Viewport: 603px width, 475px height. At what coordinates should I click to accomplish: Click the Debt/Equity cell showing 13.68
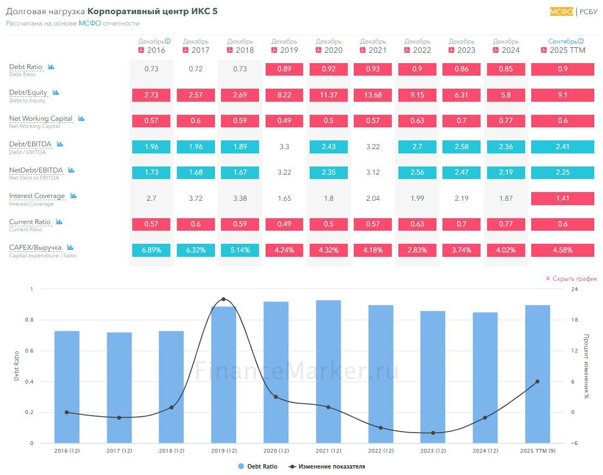coord(373,95)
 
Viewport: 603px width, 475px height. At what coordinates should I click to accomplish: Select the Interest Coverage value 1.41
coord(562,198)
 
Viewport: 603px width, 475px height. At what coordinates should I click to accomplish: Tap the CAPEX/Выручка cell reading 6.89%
coord(151,250)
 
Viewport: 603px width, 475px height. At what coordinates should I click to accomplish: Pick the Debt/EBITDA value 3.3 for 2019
coord(284,147)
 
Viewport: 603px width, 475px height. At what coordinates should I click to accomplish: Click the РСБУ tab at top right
coord(588,11)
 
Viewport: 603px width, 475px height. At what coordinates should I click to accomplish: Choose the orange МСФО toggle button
coord(561,11)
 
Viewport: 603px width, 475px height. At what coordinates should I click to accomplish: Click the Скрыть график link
coord(571,279)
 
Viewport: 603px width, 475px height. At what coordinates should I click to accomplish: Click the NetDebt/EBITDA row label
coord(36,170)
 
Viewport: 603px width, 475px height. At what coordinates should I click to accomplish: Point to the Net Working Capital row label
coord(41,119)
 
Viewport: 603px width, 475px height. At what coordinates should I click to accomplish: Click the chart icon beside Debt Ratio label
coord(51,67)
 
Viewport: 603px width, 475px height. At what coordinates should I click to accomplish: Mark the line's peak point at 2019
coord(224,299)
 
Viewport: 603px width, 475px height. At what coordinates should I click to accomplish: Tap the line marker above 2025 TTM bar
coord(537,381)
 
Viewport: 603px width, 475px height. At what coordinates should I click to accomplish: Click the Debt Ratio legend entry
coord(258,466)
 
